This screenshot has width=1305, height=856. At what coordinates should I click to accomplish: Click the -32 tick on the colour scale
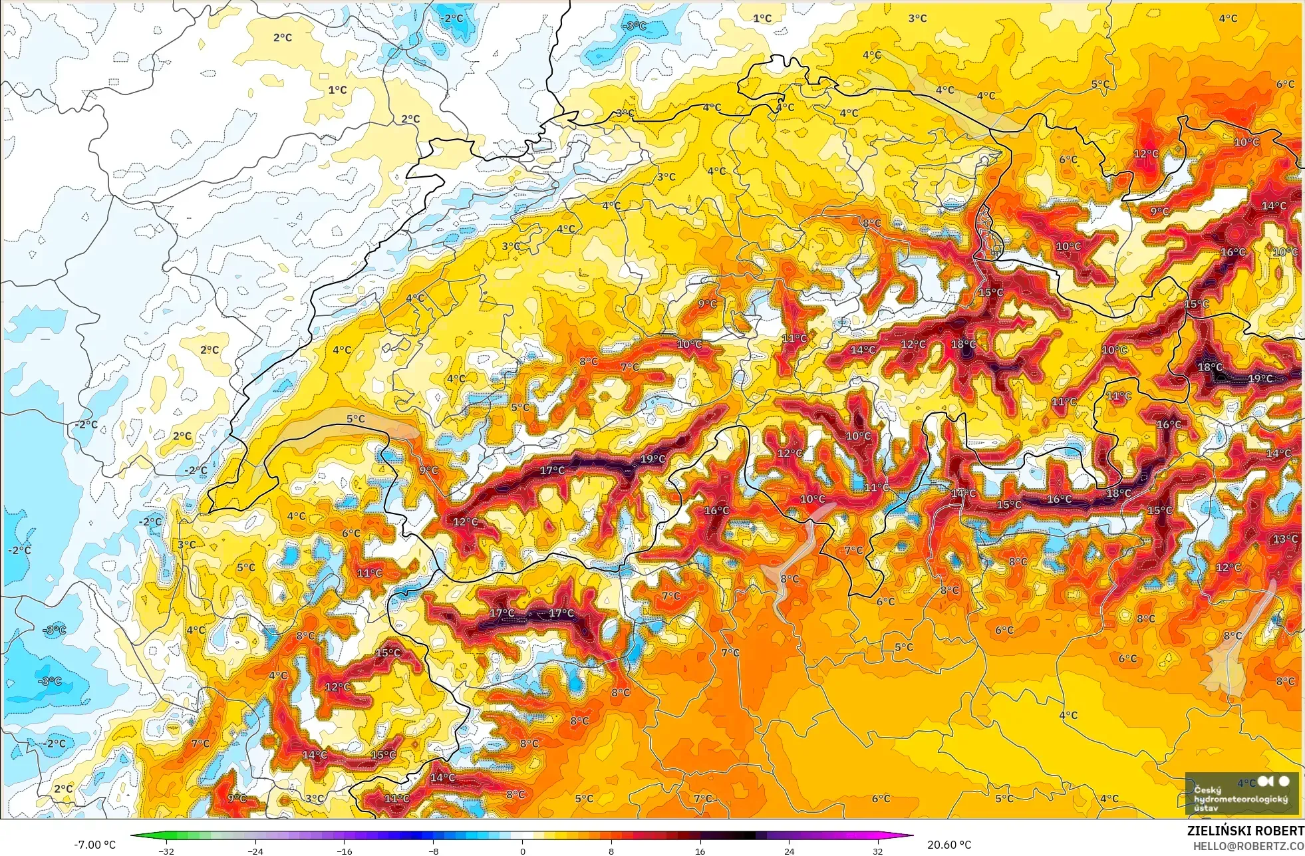[166, 851]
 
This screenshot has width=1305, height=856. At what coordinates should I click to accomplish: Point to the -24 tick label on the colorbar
[255, 851]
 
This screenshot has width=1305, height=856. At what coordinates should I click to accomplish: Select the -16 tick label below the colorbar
[345, 851]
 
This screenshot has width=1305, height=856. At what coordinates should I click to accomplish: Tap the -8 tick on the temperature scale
[434, 851]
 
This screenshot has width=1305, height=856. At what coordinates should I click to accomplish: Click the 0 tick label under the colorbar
[523, 851]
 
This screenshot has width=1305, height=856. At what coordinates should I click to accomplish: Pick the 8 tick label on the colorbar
[611, 851]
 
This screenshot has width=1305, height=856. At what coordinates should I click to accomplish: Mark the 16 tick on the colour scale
[700, 851]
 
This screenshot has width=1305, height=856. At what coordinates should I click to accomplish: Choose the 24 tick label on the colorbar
[789, 851]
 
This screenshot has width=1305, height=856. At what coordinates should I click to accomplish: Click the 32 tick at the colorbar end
[878, 851]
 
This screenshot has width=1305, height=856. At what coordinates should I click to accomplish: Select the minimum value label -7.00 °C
[94, 845]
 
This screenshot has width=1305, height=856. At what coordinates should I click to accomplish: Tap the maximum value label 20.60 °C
[949, 845]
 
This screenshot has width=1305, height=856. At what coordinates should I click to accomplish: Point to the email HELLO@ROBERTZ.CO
[1248, 845]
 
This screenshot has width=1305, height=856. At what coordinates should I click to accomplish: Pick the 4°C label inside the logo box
[1246, 783]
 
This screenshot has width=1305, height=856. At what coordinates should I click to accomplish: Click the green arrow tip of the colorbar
[134, 835]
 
